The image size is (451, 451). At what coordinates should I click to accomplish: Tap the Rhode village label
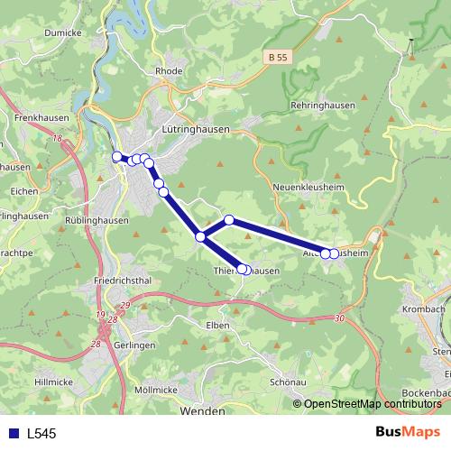click(x=169, y=70)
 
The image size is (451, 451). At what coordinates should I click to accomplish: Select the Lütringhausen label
click(x=195, y=129)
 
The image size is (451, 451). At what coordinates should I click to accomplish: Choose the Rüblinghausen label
click(x=97, y=219)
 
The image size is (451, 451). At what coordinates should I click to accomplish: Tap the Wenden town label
click(x=202, y=410)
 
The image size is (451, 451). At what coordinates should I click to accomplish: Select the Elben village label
click(x=217, y=324)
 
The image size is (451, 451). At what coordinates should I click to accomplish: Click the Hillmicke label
click(x=54, y=382)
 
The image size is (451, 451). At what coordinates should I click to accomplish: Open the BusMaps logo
click(x=408, y=432)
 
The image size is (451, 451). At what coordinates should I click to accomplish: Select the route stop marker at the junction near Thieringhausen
click(x=200, y=236)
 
